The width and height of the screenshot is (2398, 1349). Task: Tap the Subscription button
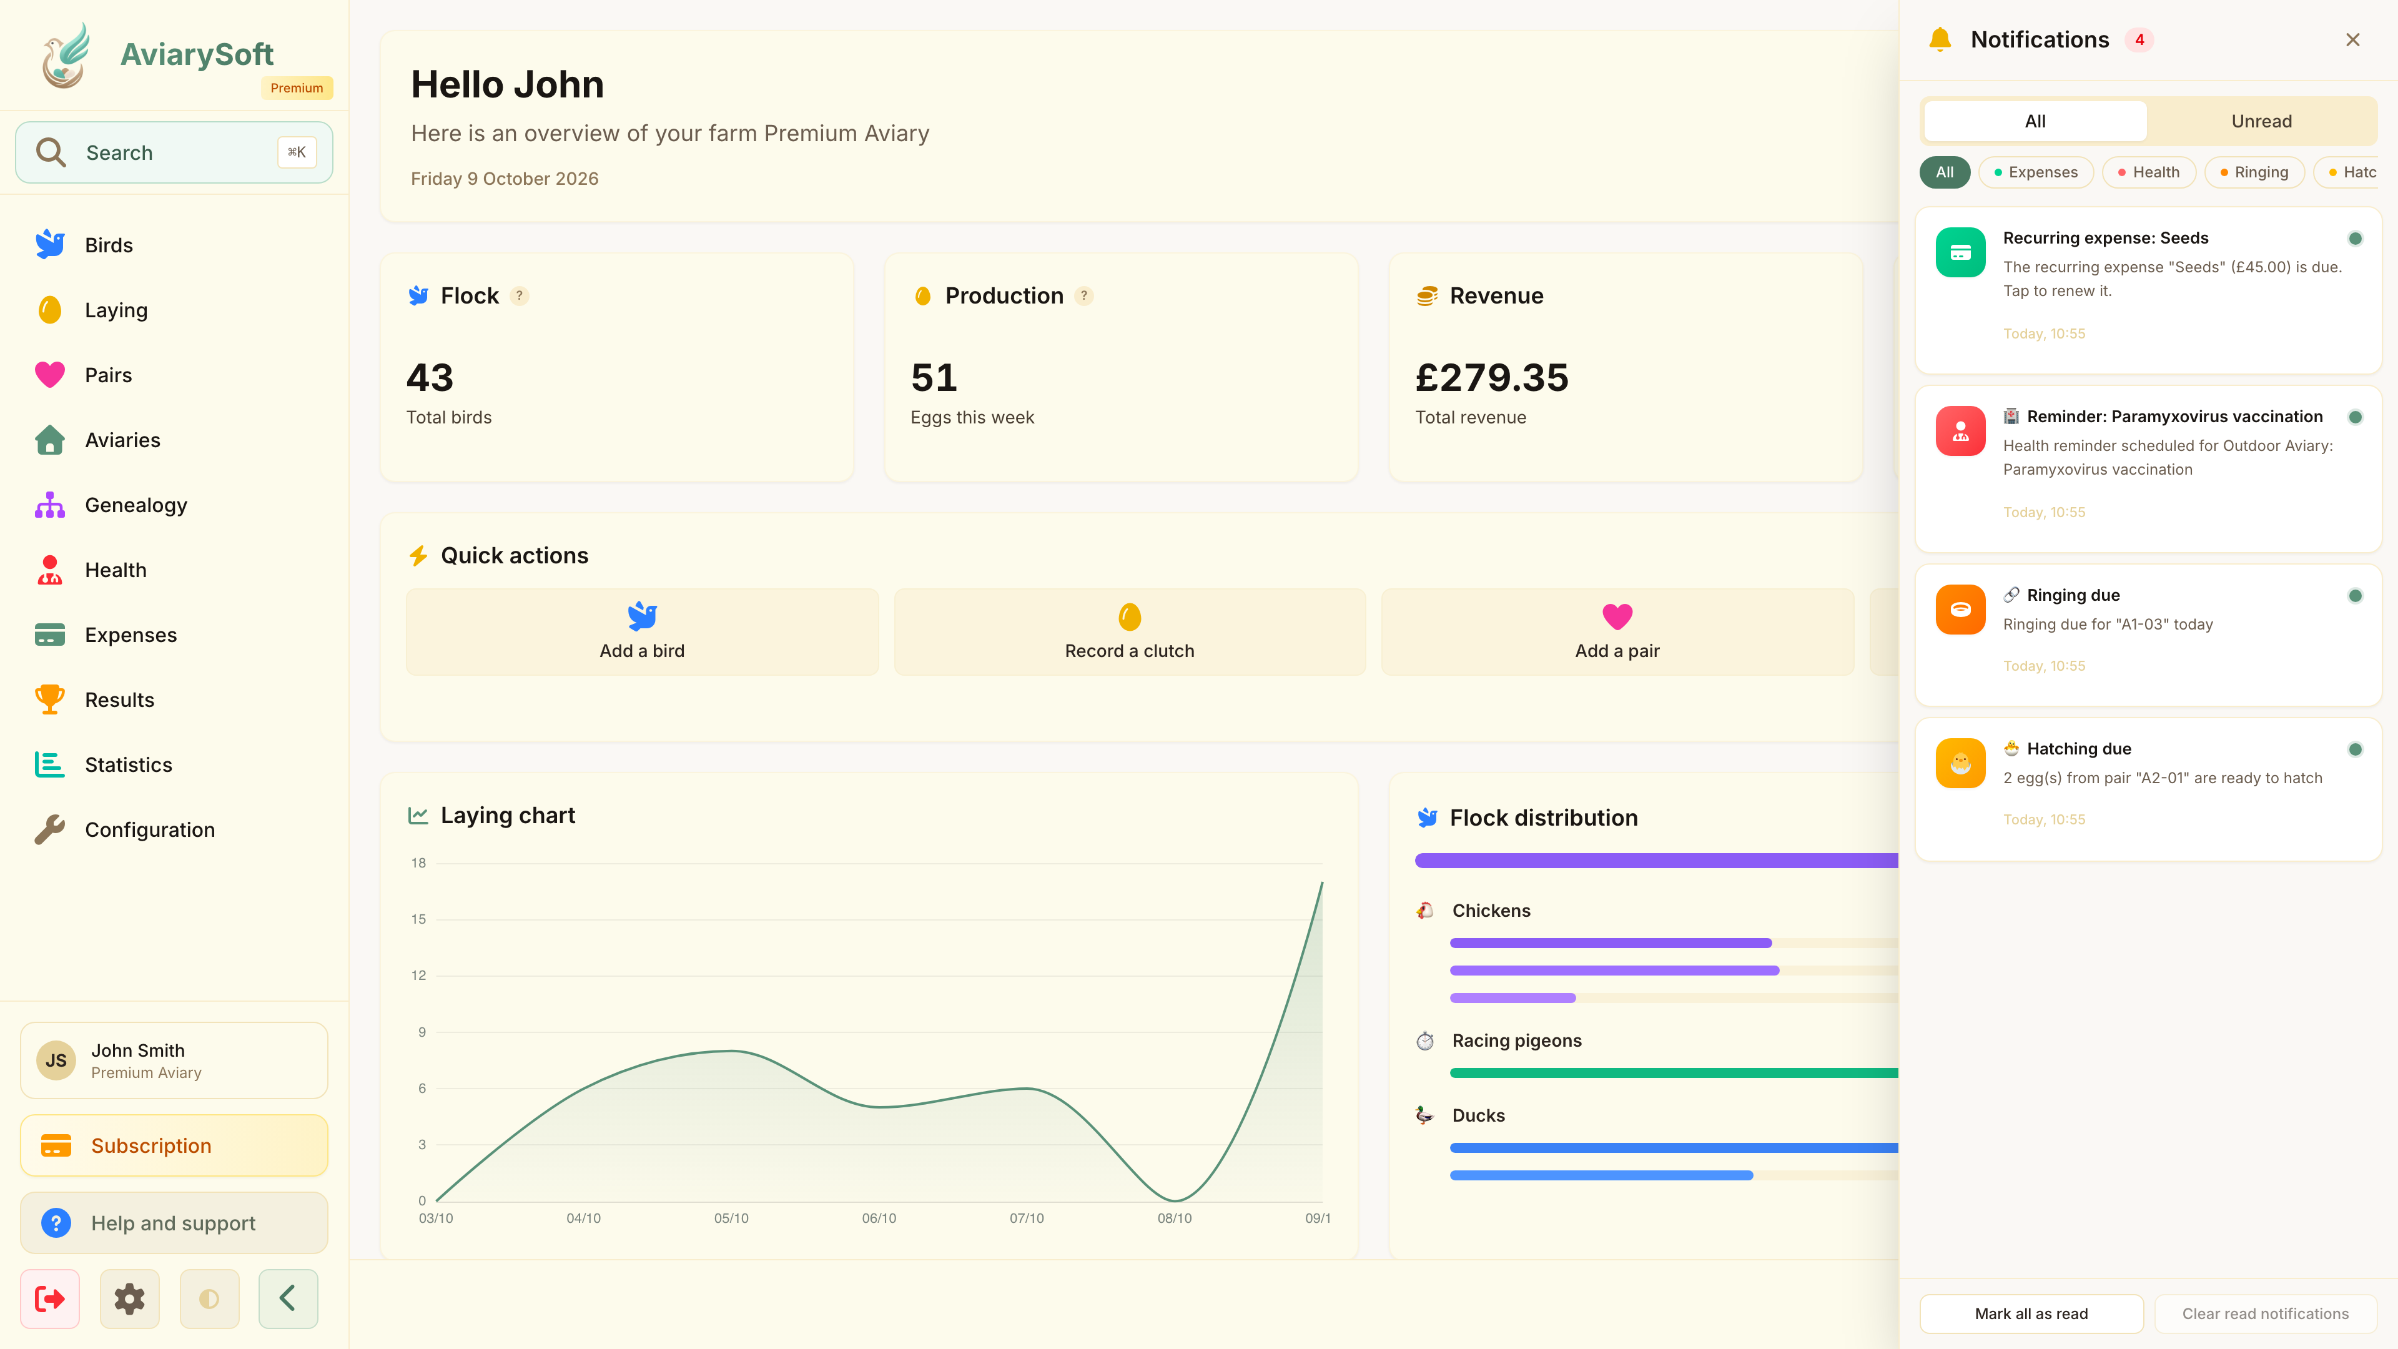[x=174, y=1145]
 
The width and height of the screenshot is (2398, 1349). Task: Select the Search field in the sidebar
[x=174, y=152]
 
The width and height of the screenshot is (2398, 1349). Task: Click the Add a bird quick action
[x=643, y=631]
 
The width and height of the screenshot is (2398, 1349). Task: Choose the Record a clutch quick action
[x=1129, y=631]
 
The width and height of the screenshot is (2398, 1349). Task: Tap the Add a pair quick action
[x=1617, y=631]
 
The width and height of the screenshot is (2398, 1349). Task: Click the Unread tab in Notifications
[x=2261, y=121]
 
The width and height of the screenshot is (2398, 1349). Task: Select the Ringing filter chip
[x=2254, y=172]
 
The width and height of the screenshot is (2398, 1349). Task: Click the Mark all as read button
[x=2031, y=1313]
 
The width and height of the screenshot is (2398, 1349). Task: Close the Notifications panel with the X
[x=2352, y=40]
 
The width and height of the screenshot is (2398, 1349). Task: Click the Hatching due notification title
[x=2079, y=749]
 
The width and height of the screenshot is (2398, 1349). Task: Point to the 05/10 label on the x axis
[x=731, y=1218]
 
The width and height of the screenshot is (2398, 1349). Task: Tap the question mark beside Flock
[x=520, y=296]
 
